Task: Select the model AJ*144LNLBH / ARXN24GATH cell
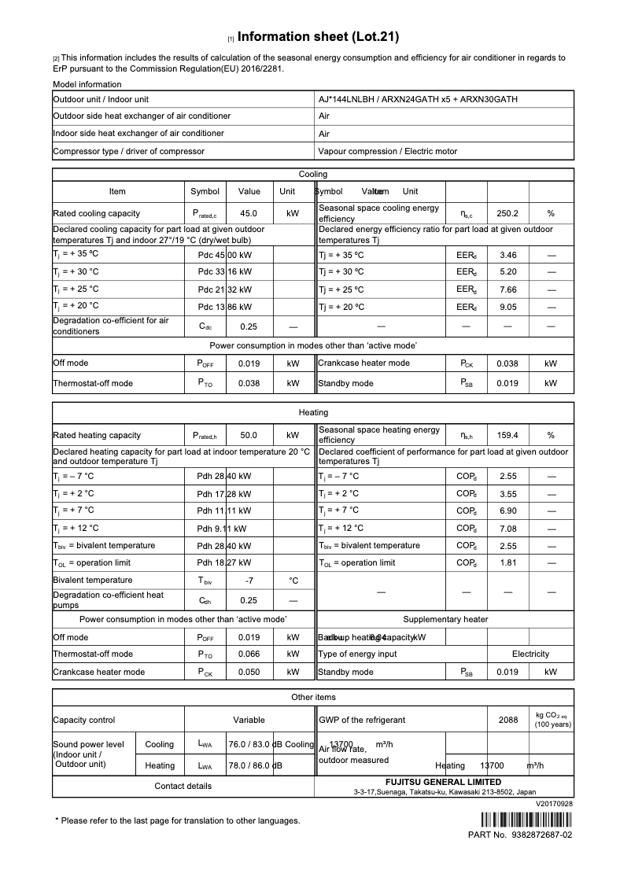418,100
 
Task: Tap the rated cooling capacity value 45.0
249,213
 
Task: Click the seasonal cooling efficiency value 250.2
507,213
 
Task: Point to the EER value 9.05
507,306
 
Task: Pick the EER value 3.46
507,255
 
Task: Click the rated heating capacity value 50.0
249,435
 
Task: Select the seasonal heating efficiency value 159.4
507,435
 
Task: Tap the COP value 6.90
507,511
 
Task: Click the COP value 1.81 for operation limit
507,563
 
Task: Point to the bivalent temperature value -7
249,581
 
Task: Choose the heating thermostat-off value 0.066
249,654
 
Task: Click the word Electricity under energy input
530,654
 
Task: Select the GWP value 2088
508,720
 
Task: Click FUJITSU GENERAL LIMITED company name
444,783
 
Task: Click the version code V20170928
554,804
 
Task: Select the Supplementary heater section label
445,620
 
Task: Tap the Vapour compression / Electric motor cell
387,151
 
